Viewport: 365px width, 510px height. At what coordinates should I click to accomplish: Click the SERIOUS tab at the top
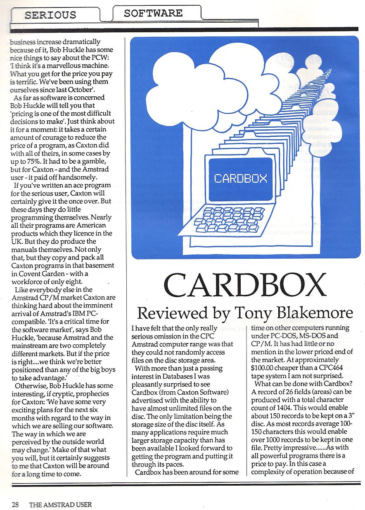(x=50, y=15)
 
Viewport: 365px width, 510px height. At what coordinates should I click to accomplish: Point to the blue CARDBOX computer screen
(x=241, y=179)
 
